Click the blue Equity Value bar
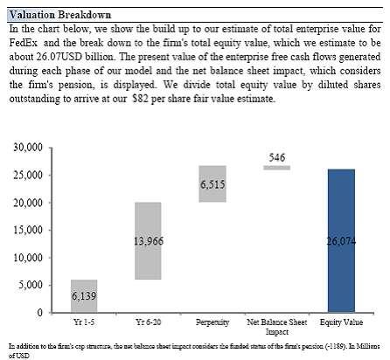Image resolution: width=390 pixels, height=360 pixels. pyautogui.click(x=341, y=240)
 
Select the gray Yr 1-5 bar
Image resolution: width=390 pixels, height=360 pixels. pyautogui.click(x=84, y=296)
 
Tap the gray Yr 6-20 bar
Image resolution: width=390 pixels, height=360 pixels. pyautogui.click(x=148, y=241)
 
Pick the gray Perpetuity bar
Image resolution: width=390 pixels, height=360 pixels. pyautogui.click(x=212, y=183)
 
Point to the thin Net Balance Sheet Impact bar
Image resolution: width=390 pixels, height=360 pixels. pyautogui.click(x=277, y=168)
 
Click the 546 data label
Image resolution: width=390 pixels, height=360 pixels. pyautogui.click(x=277, y=157)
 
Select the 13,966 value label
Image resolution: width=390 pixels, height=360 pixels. pyautogui.click(x=149, y=241)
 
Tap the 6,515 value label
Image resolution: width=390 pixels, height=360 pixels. pyautogui.click(x=212, y=184)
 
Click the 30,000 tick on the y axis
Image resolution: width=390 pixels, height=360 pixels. pyautogui.click(x=28, y=148)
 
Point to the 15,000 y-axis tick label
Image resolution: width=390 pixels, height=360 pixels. pyautogui.click(x=28, y=230)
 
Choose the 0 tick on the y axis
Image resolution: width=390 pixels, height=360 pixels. pyautogui.click(x=40, y=313)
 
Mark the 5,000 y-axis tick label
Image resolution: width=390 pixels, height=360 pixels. pyautogui.click(x=31, y=285)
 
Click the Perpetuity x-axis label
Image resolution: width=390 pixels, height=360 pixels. pyautogui.click(x=212, y=322)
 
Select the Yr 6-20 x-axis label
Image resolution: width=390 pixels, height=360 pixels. pyautogui.click(x=149, y=322)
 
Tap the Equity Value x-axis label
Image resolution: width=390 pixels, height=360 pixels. pyautogui.click(x=341, y=322)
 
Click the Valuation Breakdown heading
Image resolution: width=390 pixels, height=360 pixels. pyautogui.click(x=60, y=15)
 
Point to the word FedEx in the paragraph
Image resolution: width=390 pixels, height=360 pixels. pyautogui.click(x=24, y=43)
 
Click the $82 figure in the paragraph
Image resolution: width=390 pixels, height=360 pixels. pyautogui.click(x=140, y=99)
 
